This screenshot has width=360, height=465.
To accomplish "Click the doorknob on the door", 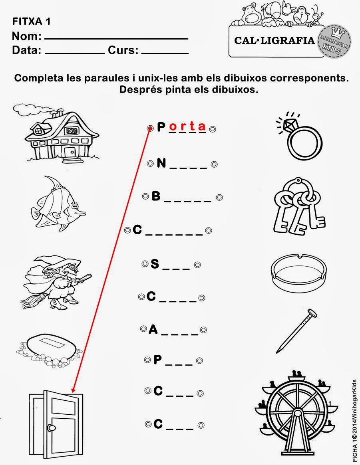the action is pos(51,427).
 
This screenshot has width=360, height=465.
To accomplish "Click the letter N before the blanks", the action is pos(161,163).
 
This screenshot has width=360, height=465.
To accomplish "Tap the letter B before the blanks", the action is pos(156,196).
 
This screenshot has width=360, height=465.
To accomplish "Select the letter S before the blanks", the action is pos(155,264).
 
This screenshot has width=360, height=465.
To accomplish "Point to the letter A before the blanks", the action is pos(153,329).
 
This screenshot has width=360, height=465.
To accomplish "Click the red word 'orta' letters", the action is pos(187,127).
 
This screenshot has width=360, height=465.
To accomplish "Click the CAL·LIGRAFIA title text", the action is pos(274,40).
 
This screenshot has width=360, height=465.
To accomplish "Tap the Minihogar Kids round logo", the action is pos(334,41).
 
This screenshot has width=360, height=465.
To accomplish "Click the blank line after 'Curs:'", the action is pos(165,53).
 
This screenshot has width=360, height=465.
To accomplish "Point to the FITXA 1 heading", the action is pos(32,22).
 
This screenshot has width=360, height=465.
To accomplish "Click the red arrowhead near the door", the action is pos(73,390).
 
